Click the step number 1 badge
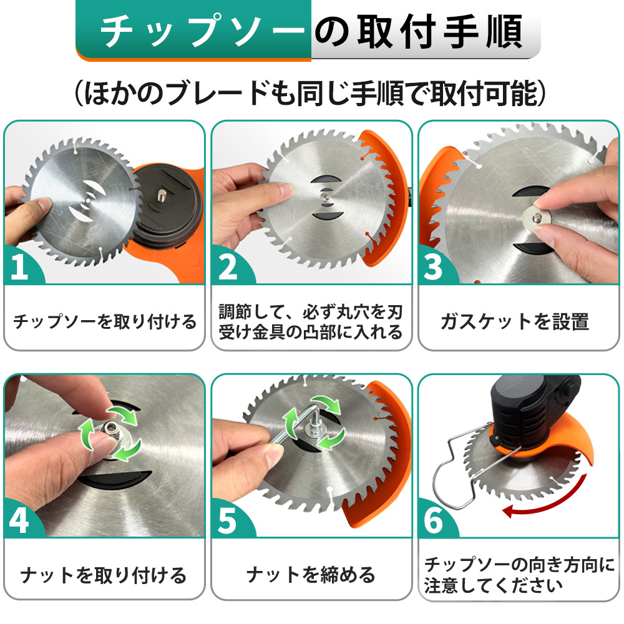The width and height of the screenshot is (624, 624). [x=20, y=265]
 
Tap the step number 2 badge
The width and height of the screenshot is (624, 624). [x=228, y=266]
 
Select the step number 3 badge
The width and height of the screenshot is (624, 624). [x=434, y=266]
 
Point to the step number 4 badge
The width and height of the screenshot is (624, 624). [x=20, y=519]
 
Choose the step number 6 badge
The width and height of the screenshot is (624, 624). [x=434, y=519]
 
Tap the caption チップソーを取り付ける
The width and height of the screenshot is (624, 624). [x=105, y=321]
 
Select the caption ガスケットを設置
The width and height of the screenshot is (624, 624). [x=515, y=321]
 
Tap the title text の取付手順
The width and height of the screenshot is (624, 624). [x=419, y=31]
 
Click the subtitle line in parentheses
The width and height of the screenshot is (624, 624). [x=310, y=94]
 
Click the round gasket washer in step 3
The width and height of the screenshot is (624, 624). [x=537, y=218]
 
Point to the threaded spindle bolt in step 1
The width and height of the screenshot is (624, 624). [x=162, y=195]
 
